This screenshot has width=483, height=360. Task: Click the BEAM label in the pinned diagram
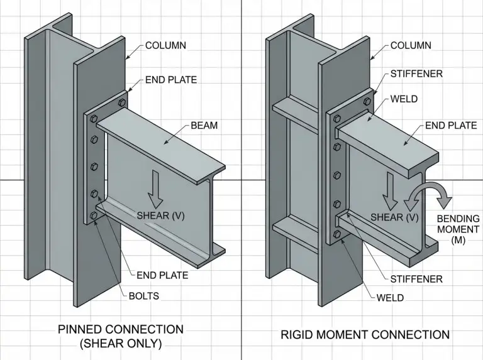point(204,126)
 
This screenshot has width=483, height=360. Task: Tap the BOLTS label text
point(144,296)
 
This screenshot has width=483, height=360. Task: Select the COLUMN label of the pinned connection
point(166,45)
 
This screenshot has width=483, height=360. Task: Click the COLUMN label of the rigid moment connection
point(411,45)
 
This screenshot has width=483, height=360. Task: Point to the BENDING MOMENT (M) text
point(458,229)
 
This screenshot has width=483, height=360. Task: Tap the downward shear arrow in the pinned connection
point(155,190)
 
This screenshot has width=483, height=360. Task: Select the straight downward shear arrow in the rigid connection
point(391,192)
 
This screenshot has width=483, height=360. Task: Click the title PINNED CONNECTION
point(121,330)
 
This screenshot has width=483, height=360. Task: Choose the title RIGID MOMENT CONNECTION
point(365,334)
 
